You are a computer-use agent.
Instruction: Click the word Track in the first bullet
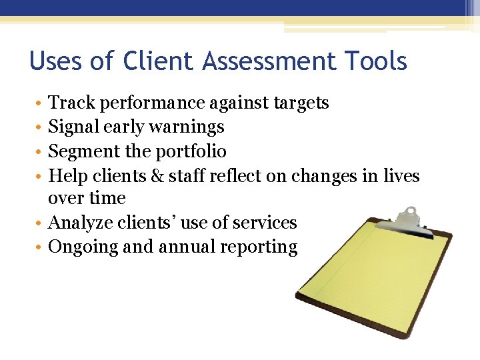[68, 103]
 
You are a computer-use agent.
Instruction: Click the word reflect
[236, 176]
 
